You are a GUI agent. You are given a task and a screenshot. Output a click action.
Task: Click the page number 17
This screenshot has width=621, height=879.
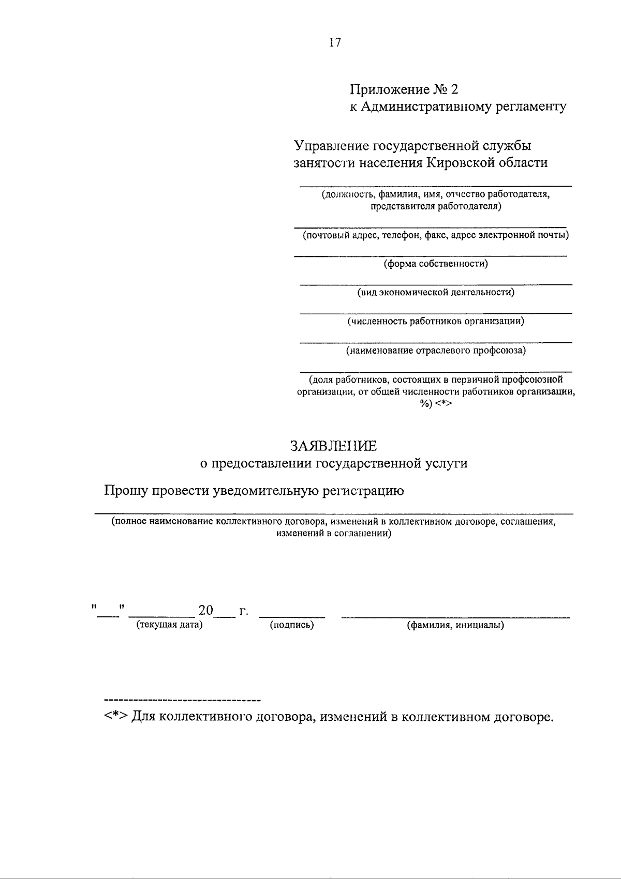coord(335,43)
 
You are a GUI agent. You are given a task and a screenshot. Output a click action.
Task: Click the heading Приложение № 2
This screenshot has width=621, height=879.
coord(404,90)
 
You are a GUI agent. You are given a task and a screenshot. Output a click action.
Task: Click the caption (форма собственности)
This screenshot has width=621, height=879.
coord(435,264)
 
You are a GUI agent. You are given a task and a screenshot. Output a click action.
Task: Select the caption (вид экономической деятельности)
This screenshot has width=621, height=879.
coord(436,293)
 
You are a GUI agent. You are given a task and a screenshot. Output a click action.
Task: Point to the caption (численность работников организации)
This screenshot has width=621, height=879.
coord(436,322)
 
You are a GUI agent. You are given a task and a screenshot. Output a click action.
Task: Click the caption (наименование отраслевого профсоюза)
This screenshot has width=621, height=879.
coord(436,351)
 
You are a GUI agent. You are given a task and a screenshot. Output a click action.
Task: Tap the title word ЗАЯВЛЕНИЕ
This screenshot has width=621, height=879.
coord(334,446)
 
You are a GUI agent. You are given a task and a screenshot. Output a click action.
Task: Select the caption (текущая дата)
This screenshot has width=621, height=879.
coord(169,625)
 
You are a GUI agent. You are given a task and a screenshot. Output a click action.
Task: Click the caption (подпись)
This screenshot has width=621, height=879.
coord(292,625)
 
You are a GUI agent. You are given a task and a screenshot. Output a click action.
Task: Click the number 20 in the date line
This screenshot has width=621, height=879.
coord(206,611)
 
